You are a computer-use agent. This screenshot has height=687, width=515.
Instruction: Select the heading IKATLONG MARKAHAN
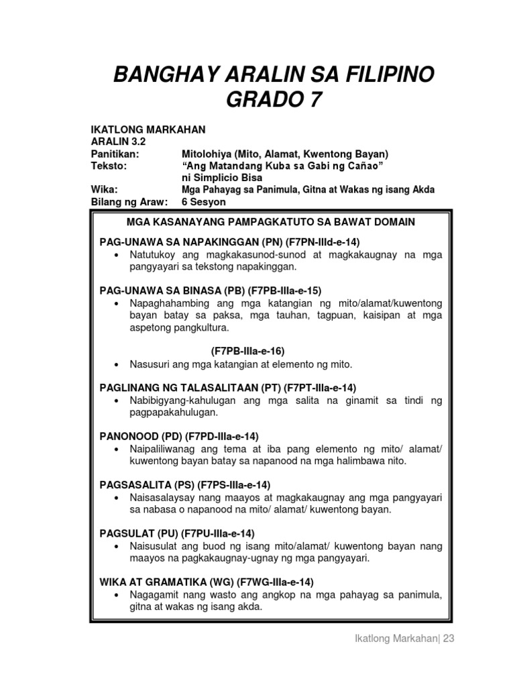tap(148, 129)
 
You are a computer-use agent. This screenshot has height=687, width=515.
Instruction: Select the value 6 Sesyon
tap(205, 202)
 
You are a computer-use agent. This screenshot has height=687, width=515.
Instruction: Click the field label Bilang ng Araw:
tap(129, 202)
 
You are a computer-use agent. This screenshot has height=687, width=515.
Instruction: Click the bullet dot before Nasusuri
tap(117, 364)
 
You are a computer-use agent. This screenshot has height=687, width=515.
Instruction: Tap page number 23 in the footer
tap(448, 639)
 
